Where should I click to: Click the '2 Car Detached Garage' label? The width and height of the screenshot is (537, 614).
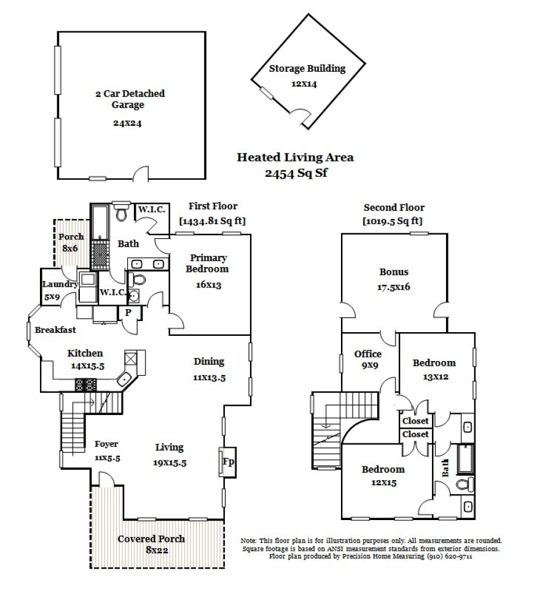click(130, 99)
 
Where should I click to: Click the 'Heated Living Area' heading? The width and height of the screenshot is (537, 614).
click(295, 157)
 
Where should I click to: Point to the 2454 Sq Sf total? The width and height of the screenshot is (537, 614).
click(295, 173)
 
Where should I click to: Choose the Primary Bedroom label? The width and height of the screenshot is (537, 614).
click(208, 263)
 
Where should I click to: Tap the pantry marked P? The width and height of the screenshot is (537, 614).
click(128, 312)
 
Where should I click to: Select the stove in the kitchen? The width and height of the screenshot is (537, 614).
click(85, 385)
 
